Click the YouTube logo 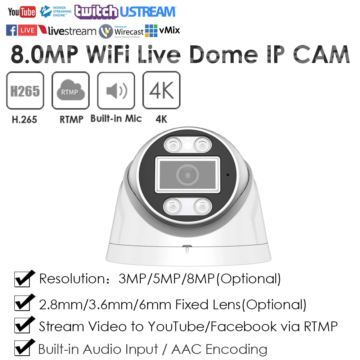22,12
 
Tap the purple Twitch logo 96,12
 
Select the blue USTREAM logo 148,12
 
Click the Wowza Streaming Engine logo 55,12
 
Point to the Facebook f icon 12,30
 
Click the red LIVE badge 27,30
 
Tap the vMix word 170,30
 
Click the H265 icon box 25,90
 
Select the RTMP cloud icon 71,90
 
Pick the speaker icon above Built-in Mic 116,91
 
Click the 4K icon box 161,90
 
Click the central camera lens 188,175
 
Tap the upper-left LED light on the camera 173,145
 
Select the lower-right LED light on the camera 202,206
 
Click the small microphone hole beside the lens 228,175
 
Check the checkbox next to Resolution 22,279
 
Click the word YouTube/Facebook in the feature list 212,326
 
